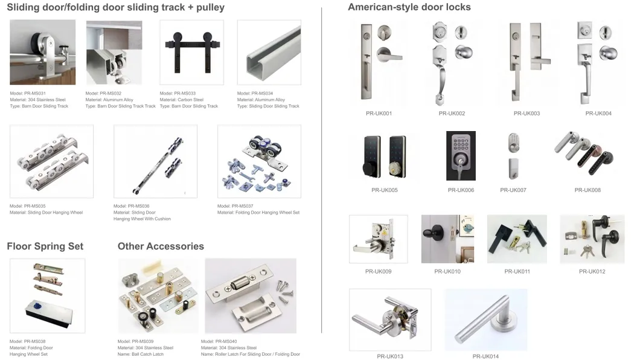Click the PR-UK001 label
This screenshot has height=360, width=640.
[x=379, y=114]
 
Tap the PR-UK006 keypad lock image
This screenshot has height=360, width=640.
[x=461, y=155]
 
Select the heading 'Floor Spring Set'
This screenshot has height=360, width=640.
[x=45, y=246]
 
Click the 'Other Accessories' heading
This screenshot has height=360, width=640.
[x=161, y=246]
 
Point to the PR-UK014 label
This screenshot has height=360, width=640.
[x=485, y=356]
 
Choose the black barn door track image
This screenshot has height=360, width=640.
[x=192, y=52]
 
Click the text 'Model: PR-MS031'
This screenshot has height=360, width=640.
[x=28, y=94]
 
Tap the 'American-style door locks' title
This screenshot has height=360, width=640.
[x=409, y=7]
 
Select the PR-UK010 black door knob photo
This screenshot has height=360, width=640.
[x=448, y=239]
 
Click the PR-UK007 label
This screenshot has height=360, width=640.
[x=513, y=190]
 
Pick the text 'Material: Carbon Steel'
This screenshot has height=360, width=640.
[x=182, y=100]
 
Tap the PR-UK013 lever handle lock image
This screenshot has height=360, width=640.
[x=390, y=320]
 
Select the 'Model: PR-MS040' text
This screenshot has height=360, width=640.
[x=219, y=342]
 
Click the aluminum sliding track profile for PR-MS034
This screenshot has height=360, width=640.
[x=269, y=52]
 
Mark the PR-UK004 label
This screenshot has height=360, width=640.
[x=598, y=114]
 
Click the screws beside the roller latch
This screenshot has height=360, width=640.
[x=284, y=290]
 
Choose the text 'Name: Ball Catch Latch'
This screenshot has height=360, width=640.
[x=141, y=355]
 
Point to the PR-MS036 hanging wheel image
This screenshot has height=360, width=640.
[x=156, y=162]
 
